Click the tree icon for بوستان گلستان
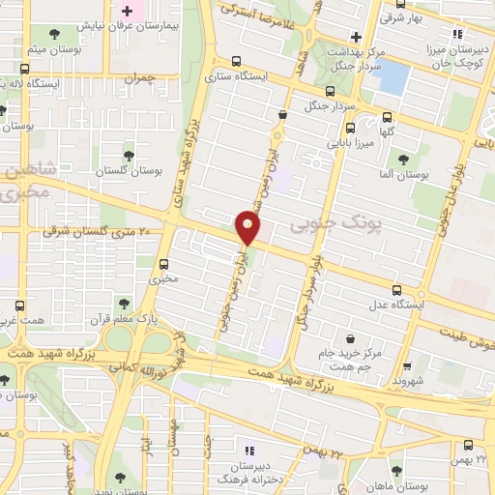pyautogui.click(x=129, y=155)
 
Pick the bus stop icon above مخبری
pyautogui.click(x=163, y=263)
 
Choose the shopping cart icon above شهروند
pyautogui.click(x=406, y=365)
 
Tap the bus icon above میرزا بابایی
pyautogui.click(x=350, y=128)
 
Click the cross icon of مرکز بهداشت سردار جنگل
pyautogui.click(x=357, y=36)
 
